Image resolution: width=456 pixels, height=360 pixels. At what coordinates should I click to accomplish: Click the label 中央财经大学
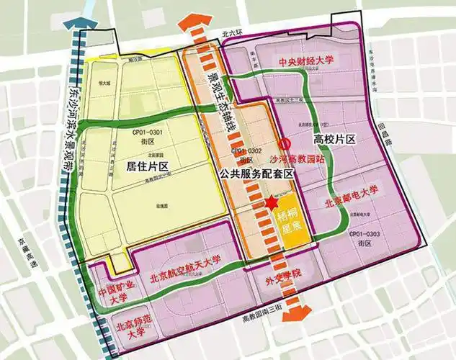(x=308, y=62)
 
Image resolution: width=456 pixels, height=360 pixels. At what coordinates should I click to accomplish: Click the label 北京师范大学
(x=119, y=328)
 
